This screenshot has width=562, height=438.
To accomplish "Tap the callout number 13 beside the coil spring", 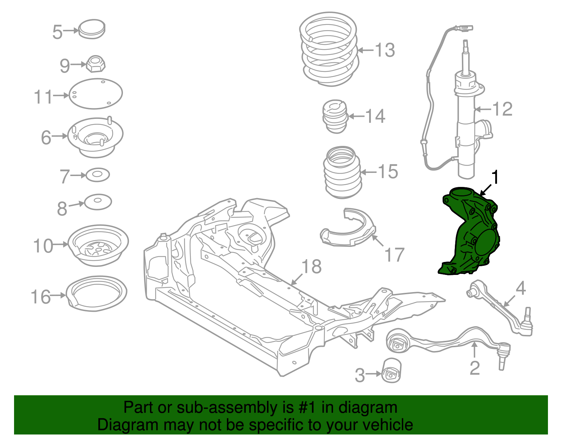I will (x=385, y=50).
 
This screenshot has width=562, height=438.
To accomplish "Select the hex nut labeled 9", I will (x=95, y=63).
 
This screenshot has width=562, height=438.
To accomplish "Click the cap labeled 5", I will (x=92, y=29).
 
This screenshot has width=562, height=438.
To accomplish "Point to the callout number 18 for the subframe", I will (x=311, y=267).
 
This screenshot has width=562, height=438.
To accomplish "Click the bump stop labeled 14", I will (x=335, y=117).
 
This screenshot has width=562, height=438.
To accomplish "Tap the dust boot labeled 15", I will (x=342, y=172).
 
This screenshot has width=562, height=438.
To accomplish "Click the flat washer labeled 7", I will (x=98, y=175).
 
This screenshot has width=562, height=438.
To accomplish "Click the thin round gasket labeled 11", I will (x=96, y=93).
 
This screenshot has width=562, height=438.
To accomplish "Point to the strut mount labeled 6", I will (x=95, y=137).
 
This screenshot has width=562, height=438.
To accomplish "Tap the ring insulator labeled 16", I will (x=97, y=293).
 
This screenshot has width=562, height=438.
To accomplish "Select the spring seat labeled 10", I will (x=98, y=245).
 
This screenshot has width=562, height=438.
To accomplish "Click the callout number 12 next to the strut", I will (x=502, y=109).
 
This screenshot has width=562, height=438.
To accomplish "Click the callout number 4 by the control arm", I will (x=521, y=288).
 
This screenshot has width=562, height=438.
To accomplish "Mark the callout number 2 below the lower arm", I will (x=475, y=368).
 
